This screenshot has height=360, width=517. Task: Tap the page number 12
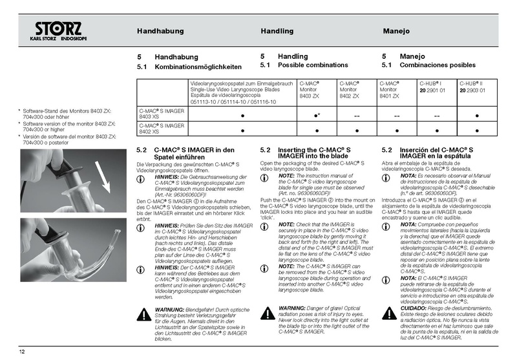tap(22, 351)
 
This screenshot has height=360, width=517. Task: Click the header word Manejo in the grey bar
tap(396, 31)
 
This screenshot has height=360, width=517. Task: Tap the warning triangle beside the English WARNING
tap(266, 313)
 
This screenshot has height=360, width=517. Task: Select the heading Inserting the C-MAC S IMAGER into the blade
tap(314, 153)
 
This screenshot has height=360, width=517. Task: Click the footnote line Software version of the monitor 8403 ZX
tap(69, 126)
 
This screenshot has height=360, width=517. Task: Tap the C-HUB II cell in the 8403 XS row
tap(477, 115)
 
